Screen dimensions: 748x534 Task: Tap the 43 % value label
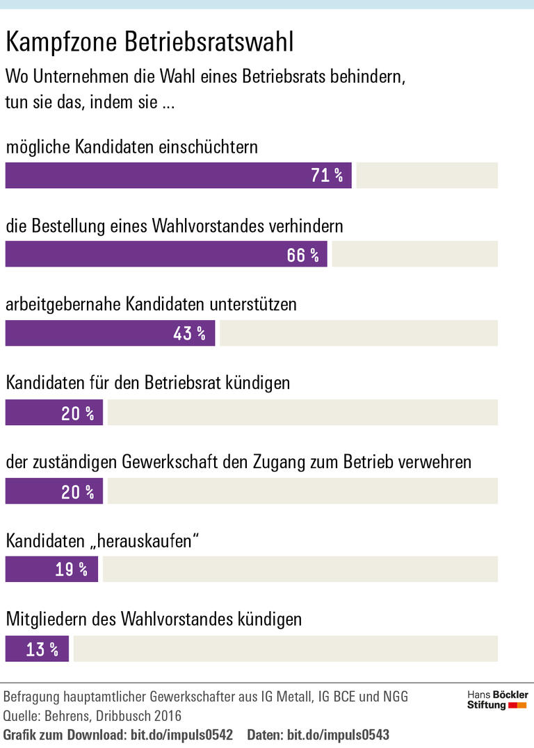coord(189,333)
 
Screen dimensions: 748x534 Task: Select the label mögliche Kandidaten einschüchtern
coord(132,147)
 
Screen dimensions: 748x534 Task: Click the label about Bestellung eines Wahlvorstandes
coord(175,226)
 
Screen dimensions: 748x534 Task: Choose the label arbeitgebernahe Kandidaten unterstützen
coord(152,305)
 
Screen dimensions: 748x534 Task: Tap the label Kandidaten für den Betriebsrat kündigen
coord(148,383)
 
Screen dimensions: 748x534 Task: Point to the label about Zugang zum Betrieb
coord(238,462)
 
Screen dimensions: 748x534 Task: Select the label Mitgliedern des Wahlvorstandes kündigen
coord(154,620)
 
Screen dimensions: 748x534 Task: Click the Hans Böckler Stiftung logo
coord(497,699)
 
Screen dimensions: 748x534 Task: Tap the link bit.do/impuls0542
coord(181,735)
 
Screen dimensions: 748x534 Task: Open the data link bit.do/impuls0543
coord(338,735)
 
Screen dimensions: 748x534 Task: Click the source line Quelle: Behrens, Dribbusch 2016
coord(92,715)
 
